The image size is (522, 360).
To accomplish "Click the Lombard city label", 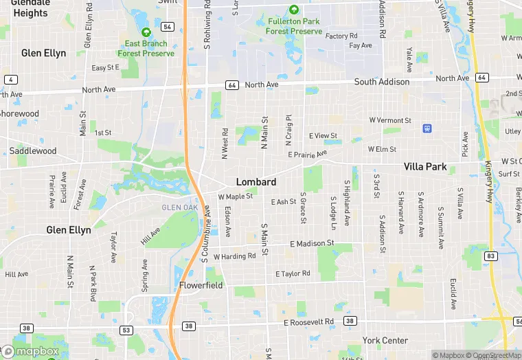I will click(x=256, y=182).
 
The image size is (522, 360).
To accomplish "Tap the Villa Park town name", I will click(x=425, y=167).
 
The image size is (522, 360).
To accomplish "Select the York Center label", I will click(x=385, y=341).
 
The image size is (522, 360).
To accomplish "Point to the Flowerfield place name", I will click(x=201, y=285).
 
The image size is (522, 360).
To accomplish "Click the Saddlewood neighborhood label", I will click(x=33, y=151).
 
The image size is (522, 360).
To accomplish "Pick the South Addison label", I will click(x=382, y=82).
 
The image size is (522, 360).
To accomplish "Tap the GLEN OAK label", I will click(x=179, y=207).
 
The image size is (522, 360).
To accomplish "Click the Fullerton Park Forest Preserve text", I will click(x=294, y=26).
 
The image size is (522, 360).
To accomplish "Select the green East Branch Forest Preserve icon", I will click(x=146, y=32).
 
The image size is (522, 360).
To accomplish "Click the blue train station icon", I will click(x=427, y=128).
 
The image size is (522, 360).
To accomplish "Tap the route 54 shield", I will click(x=168, y=27).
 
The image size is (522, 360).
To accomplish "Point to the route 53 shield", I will click(x=126, y=330).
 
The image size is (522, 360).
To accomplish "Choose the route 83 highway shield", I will click(x=490, y=256).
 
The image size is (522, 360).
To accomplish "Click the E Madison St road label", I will click(x=312, y=244).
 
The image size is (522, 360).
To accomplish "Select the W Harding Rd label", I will click(x=234, y=257).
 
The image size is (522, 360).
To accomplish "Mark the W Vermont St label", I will click(x=390, y=120).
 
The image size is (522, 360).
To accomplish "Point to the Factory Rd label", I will click(x=341, y=36).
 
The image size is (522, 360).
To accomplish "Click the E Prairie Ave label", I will click(x=308, y=155).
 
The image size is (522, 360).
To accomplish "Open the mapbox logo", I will click(x=31, y=351).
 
